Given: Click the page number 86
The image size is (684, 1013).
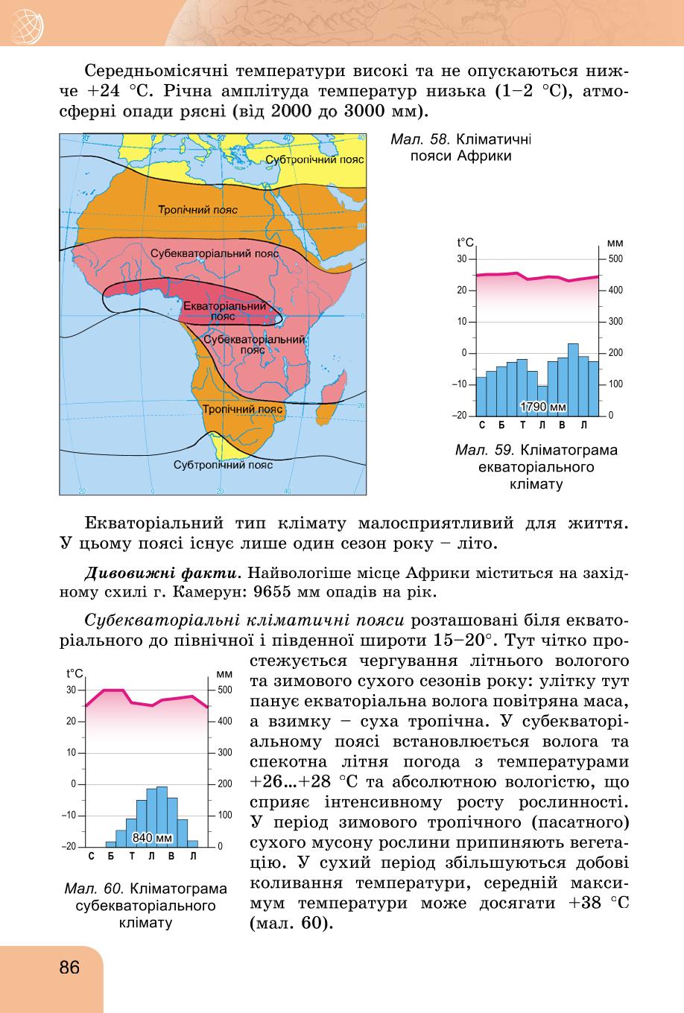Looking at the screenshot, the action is click(x=69, y=967).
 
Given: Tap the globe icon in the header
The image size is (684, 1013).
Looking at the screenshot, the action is click(x=27, y=27).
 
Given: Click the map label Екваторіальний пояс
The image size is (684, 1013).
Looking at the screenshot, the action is click(x=224, y=311).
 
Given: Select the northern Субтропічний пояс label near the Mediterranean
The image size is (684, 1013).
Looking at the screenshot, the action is click(x=315, y=159).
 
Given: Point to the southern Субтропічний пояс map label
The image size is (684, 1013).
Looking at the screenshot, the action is click(x=223, y=465).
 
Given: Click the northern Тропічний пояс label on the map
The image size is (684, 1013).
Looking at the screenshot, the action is click(x=197, y=209).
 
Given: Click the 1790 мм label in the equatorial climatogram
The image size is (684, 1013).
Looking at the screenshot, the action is click(x=543, y=407).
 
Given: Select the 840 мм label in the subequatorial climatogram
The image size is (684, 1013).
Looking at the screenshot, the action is click(x=152, y=837).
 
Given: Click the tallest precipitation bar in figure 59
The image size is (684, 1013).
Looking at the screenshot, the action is click(x=573, y=380).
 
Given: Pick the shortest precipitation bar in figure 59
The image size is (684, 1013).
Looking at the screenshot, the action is click(x=542, y=401).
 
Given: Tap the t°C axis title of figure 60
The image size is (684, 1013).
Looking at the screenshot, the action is click(x=75, y=673).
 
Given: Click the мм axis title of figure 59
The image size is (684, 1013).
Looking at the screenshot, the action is click(x=615, y=244).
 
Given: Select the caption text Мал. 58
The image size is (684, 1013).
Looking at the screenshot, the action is click(x=420, y=139).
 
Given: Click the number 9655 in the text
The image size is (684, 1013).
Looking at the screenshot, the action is click(x=273, y=591).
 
